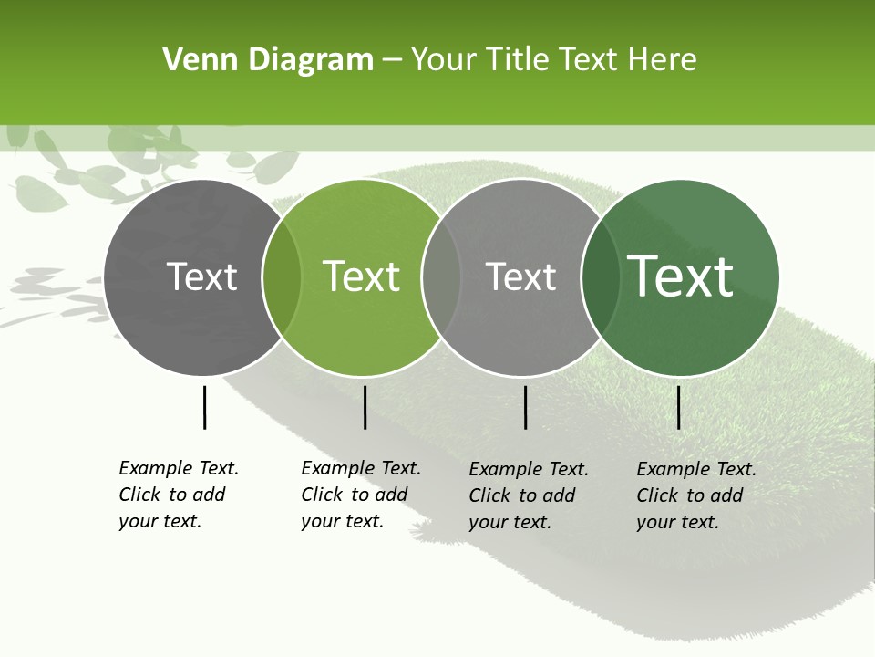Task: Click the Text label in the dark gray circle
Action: click(202, 276)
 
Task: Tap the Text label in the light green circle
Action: click(362, 276)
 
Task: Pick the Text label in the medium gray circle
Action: click(521, 276)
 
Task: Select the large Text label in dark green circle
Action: click(681, 276)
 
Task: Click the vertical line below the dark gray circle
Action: click(204, 407)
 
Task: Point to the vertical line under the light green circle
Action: click(365, 407)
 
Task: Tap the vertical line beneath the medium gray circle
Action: click(526, 407)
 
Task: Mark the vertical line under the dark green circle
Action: click(679, 407)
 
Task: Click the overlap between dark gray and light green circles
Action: click(282, 277)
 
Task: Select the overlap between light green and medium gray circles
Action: click(441, 277)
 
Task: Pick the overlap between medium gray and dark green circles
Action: click(600, 277)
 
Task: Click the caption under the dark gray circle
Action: click(178, 495)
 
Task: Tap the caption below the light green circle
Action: click(360, 495)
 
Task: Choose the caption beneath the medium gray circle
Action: click(528, 495)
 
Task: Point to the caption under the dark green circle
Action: click(695, 495)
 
